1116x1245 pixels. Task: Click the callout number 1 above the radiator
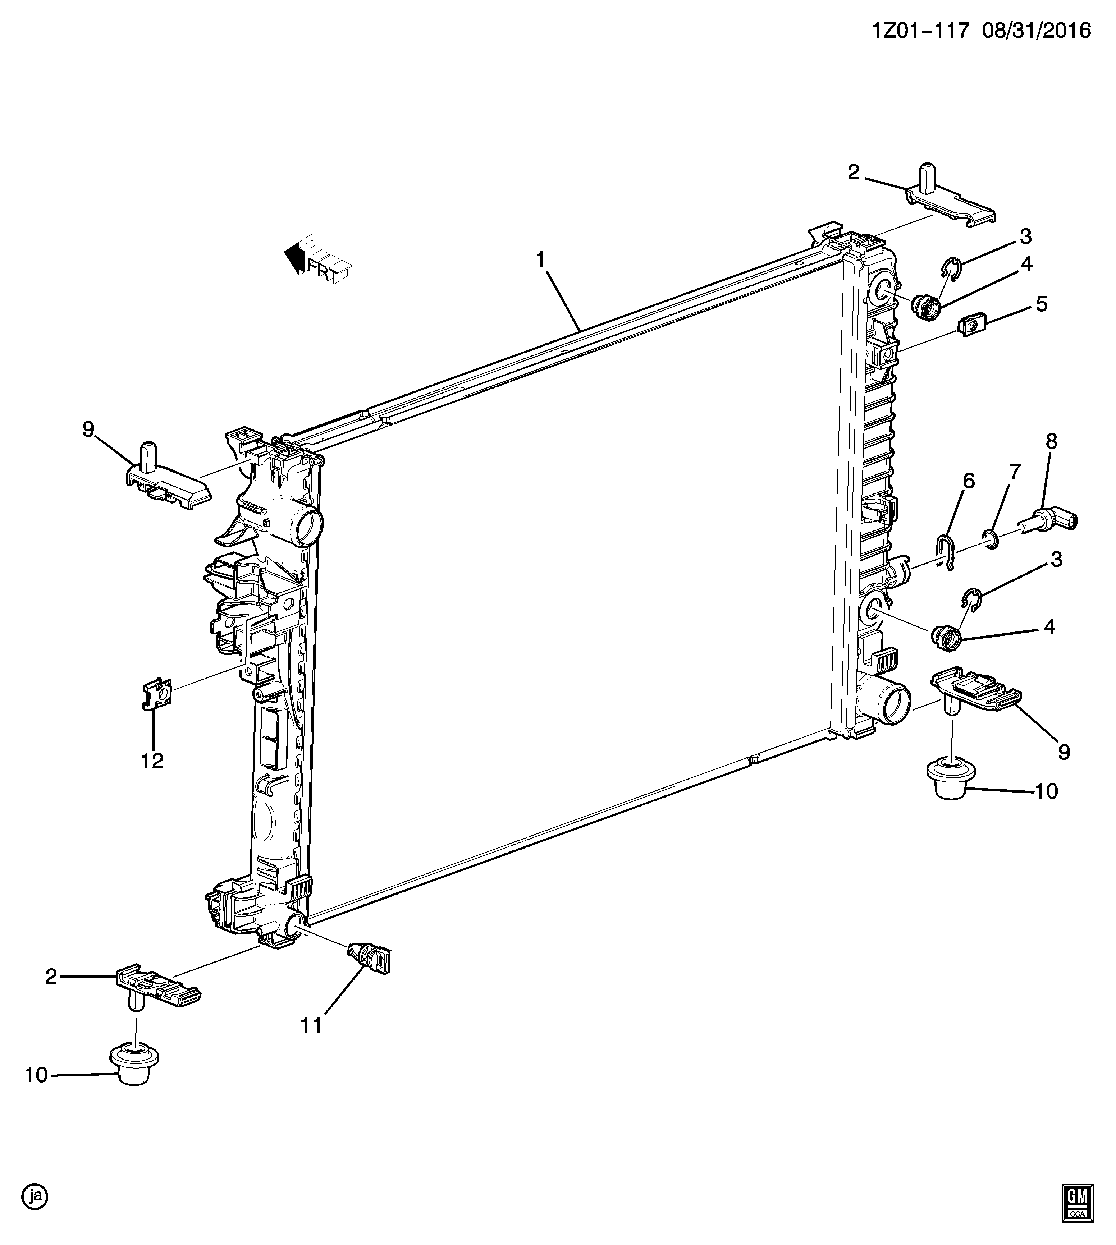[x=540, y=260]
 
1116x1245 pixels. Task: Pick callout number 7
[x=1015, y=472]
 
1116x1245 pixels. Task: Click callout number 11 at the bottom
[x=311, y=1025]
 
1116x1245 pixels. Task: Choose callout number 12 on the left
[x=152, y=761]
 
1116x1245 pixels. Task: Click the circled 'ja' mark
[x=35, y=1196]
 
